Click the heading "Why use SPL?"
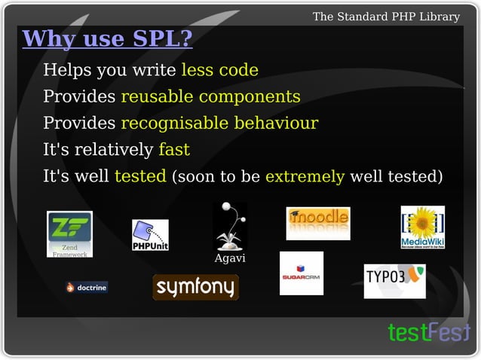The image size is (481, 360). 108,38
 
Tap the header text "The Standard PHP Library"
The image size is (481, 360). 386,16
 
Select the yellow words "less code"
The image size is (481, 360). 219,71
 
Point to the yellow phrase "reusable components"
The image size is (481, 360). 210,97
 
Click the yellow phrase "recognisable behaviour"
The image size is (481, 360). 219,124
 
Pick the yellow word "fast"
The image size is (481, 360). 173,150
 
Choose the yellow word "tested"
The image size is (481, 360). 140,177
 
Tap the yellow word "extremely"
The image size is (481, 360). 305,177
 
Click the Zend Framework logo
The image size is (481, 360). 69,234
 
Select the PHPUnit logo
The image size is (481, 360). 150,236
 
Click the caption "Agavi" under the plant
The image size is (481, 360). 230,259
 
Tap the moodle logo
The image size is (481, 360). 317,221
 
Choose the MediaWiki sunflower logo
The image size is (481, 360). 422,227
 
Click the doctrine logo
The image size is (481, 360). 87,287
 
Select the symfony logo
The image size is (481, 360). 195,287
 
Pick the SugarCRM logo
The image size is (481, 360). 302,273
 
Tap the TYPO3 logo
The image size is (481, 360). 394,280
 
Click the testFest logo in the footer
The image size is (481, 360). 427,332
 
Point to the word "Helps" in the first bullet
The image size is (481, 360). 63,71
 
